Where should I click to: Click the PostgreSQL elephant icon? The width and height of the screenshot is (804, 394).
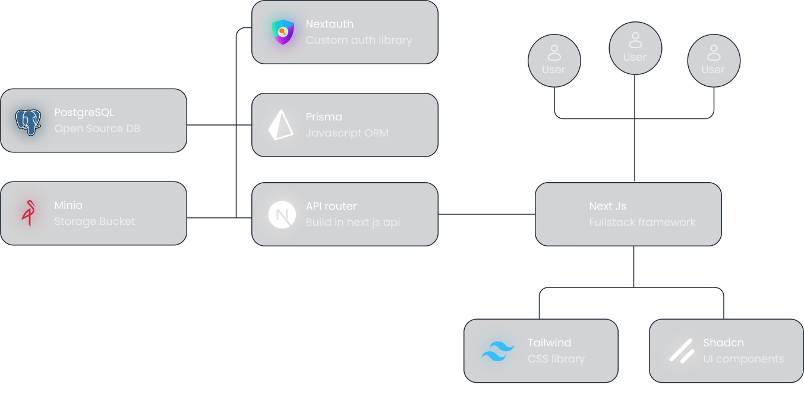29,121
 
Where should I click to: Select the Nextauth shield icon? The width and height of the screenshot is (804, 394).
283,32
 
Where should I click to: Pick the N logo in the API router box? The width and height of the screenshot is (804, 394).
282,215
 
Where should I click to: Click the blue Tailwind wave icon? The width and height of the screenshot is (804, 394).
497,351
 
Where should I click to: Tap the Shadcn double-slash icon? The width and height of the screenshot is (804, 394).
682,351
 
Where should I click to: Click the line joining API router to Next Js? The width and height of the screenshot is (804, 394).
486,214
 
